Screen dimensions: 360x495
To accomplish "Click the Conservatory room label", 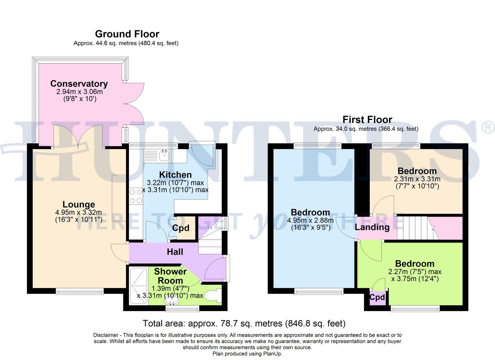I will [79, 84].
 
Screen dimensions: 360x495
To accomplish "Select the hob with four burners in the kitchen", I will [135, 196].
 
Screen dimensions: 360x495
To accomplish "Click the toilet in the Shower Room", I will [212, 295].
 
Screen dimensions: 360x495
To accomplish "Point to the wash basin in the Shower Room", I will [172, 301].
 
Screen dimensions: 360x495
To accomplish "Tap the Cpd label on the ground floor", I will [181, 228].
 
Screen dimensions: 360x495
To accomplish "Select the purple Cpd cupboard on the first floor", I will [377, 297].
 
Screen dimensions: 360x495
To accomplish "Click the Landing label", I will [372, 227].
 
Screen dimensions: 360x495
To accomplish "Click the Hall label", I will [175, 252].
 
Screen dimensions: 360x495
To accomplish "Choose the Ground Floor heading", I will [127, 34].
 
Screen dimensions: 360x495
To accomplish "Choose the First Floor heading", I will [367, 119].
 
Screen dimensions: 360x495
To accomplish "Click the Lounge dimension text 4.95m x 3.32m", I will [79, 212].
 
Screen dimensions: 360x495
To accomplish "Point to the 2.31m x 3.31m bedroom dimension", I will [417, 179].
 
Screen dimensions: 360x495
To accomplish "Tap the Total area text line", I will [244, 323].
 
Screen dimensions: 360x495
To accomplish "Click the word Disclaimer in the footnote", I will [105, 335].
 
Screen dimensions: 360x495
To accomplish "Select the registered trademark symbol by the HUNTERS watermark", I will [488, 128].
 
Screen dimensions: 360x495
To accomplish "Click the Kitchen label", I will [175, 175].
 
